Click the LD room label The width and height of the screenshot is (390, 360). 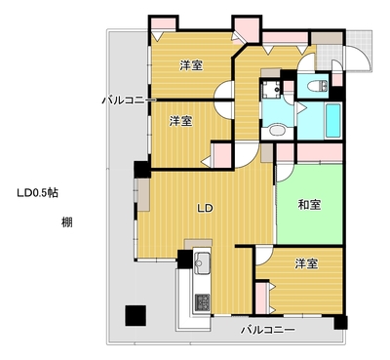206,208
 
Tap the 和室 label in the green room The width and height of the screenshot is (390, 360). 310,205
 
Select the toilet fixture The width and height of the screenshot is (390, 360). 319,86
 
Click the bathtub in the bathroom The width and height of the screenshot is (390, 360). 332,120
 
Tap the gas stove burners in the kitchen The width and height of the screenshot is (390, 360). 202,302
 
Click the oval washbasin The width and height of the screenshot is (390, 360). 277,131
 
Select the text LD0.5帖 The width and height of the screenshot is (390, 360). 38,193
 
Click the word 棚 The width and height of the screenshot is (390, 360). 67,222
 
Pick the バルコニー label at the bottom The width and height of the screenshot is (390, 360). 268,330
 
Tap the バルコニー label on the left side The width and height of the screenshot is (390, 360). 129,100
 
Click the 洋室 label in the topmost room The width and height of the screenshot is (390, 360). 192,65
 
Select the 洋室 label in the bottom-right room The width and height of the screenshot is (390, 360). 306,263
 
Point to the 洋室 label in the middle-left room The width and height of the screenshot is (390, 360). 180,121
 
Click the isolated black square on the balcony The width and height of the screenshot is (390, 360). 136,316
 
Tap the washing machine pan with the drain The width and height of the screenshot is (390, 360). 270,88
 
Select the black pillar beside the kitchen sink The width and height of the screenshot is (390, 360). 184,259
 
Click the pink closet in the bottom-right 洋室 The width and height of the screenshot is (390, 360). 261,299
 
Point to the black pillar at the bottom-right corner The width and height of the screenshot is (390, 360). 340,322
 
